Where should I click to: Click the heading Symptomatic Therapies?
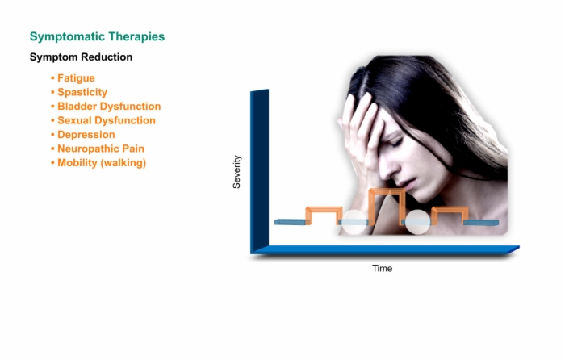pos(97,37)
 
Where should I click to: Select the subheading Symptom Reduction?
pos(81,57)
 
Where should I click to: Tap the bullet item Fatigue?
pos(76,78)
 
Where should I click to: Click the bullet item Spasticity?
pos(82,92)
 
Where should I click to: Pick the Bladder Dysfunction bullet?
pos(109,107)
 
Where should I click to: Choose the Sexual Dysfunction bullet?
pos(107,120)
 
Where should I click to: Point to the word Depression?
pos(86,135)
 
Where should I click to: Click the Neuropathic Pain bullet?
pos(101,149)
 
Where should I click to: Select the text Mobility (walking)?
pos(102,163)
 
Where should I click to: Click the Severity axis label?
pos(236,172)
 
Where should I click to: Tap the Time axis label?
pos(383,269)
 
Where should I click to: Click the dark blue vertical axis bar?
pos(259,170)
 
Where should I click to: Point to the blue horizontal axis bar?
pos(386,249)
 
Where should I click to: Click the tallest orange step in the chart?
pos(387,191)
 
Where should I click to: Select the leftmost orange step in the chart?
pos(324,209)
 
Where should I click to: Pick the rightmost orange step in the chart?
pos(450,209)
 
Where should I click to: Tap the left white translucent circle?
pos(354,222)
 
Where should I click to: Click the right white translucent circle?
pos(418,222)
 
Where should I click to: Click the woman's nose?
pos(387,165)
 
